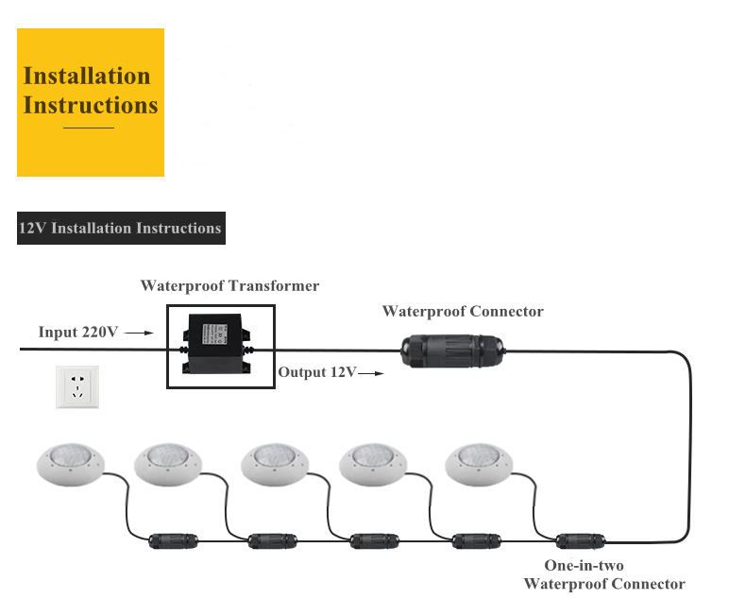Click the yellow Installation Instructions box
pyautogui.click(x=91, y=102)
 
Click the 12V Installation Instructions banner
pyautogui.click(x=121, y=229)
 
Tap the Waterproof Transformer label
pyautogui.click(x=229, y=285)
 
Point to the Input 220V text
pyautogui.click(x=77, y=332)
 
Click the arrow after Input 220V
pyautogui.click(x=139, y=333)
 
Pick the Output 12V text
pyautogui.click(x=316, y=372)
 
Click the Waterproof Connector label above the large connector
pyautogui.click(x=462, y=311)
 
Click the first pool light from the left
pyautogui.click(x=71, y=461)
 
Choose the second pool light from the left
pyautogui.click(x=170, y=461)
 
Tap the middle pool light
pyautogui.click(x=276, y=461)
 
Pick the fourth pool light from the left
pyautogui.click(x=374, y=461)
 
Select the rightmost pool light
pyautogui.click(x=480, y=461)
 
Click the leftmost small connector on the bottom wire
pyautogui.click(x=173, y=541)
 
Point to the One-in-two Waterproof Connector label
pyautogui.click(x=604, y=574)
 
